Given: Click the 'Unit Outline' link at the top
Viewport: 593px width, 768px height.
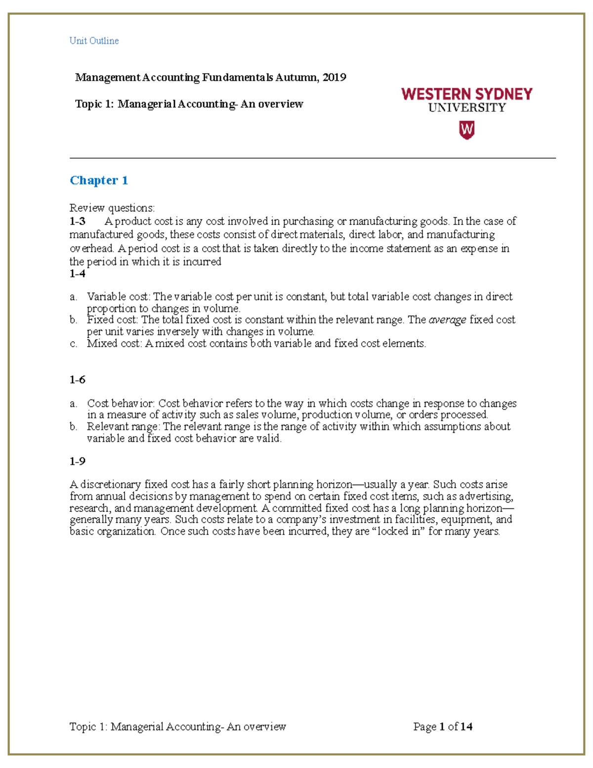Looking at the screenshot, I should (94, 41).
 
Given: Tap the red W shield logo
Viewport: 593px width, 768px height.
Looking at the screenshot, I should (466, 131).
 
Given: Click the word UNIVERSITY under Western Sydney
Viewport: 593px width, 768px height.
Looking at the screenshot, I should (466, 108).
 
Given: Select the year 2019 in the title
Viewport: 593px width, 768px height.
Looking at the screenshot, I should (334, 77).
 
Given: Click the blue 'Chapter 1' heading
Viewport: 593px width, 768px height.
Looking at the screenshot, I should (99, 180).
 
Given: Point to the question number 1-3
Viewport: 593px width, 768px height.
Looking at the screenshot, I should (77, 221).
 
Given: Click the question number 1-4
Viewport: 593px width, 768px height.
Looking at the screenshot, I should (77, 273).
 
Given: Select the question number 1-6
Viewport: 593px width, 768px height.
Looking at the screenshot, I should (77, 380).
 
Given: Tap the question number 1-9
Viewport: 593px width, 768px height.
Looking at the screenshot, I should (77, 461).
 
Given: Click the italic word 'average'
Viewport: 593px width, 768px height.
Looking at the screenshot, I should (447, 320).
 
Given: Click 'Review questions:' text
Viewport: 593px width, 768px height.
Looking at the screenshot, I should (112, 208).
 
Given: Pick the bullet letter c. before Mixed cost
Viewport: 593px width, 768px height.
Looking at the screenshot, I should (73, 344).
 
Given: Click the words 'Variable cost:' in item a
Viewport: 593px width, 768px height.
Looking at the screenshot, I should (118, 297).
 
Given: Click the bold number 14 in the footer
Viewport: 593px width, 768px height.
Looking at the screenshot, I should (466, 726).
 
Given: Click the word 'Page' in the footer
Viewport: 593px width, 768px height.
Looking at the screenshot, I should (424, 726).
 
